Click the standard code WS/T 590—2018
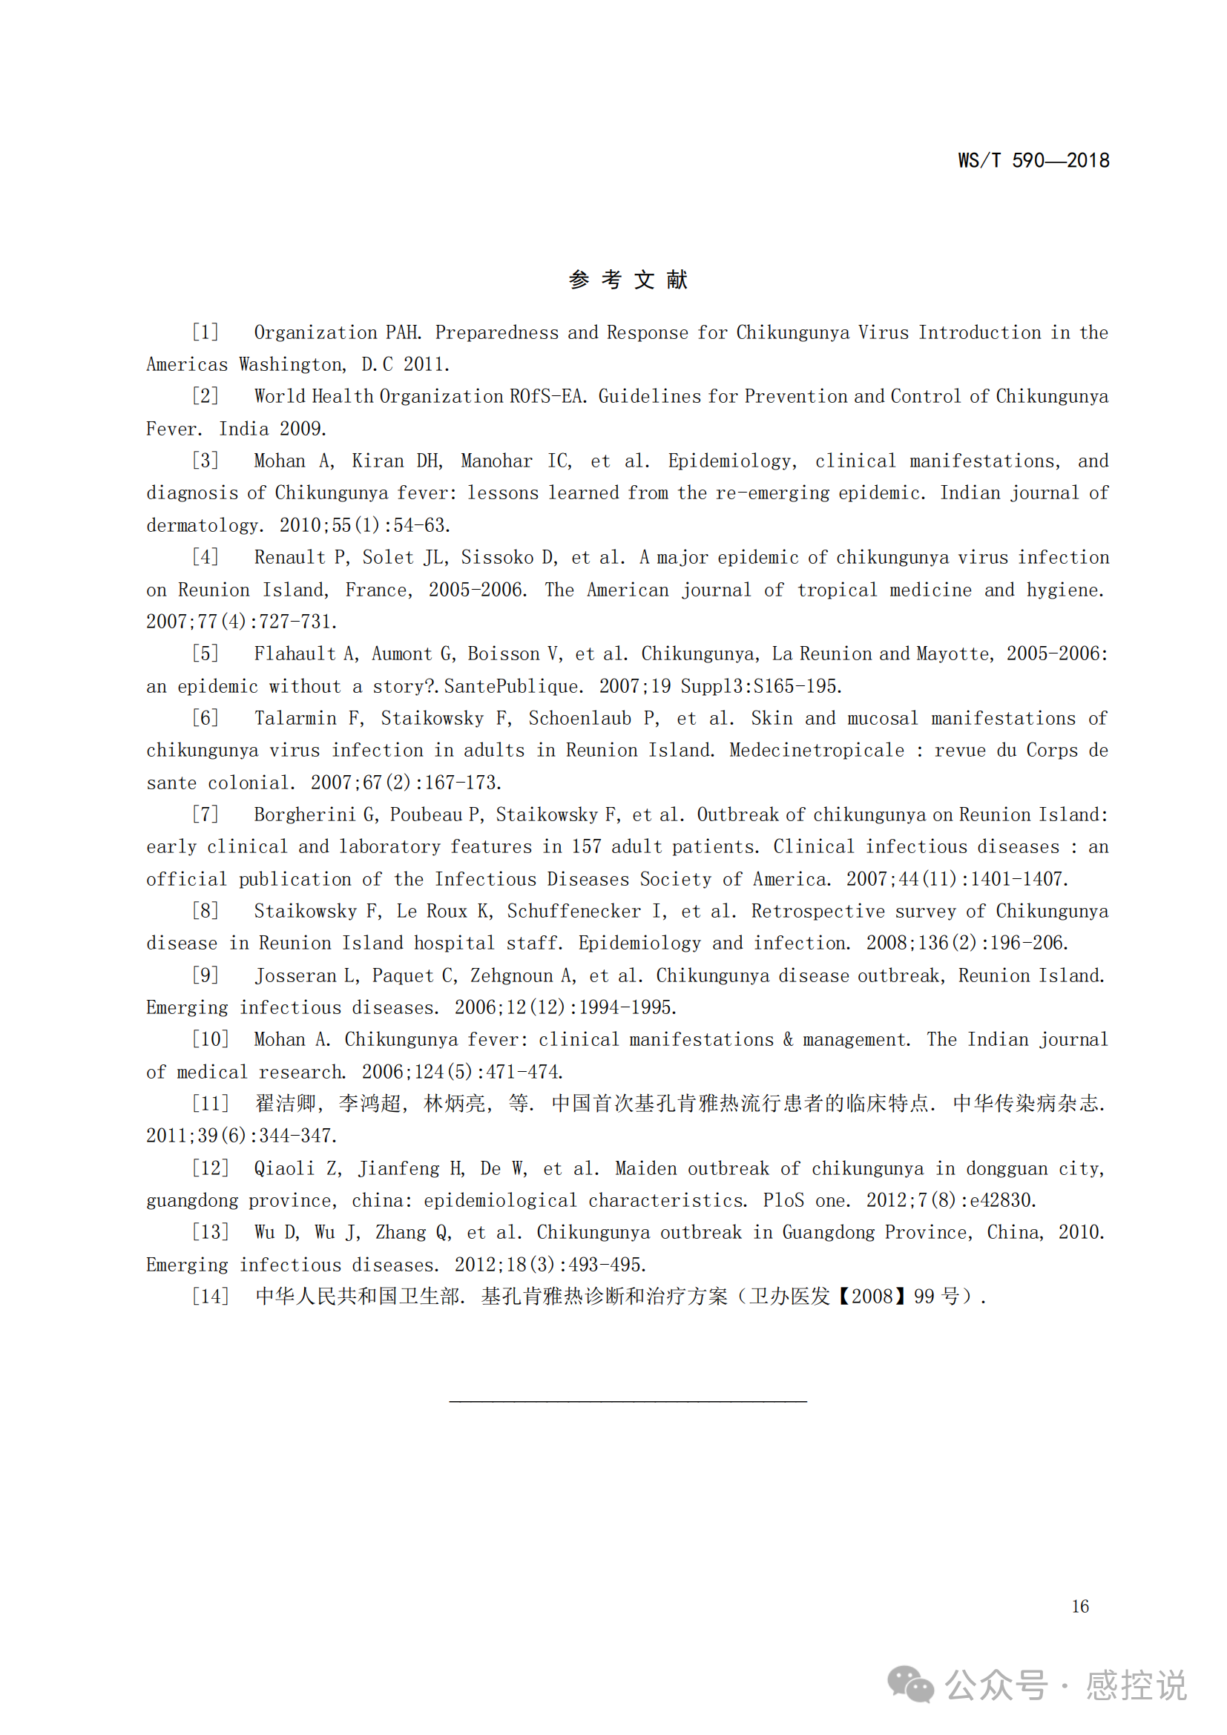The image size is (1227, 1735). pos(1033,160)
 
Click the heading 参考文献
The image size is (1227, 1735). pos(628,280)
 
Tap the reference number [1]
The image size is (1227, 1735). pos(205,332)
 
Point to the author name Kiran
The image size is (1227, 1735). pos(377,461)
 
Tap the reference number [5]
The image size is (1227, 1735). pos(205,653)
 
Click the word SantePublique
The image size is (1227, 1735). pos(513,686)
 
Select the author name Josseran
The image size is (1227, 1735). pos(295,975)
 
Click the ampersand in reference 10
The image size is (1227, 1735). pos(788,1040)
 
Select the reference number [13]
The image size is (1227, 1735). pos(209,1233)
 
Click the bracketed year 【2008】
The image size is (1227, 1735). pos(871,1297)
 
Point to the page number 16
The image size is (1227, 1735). pos(1079,1607)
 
